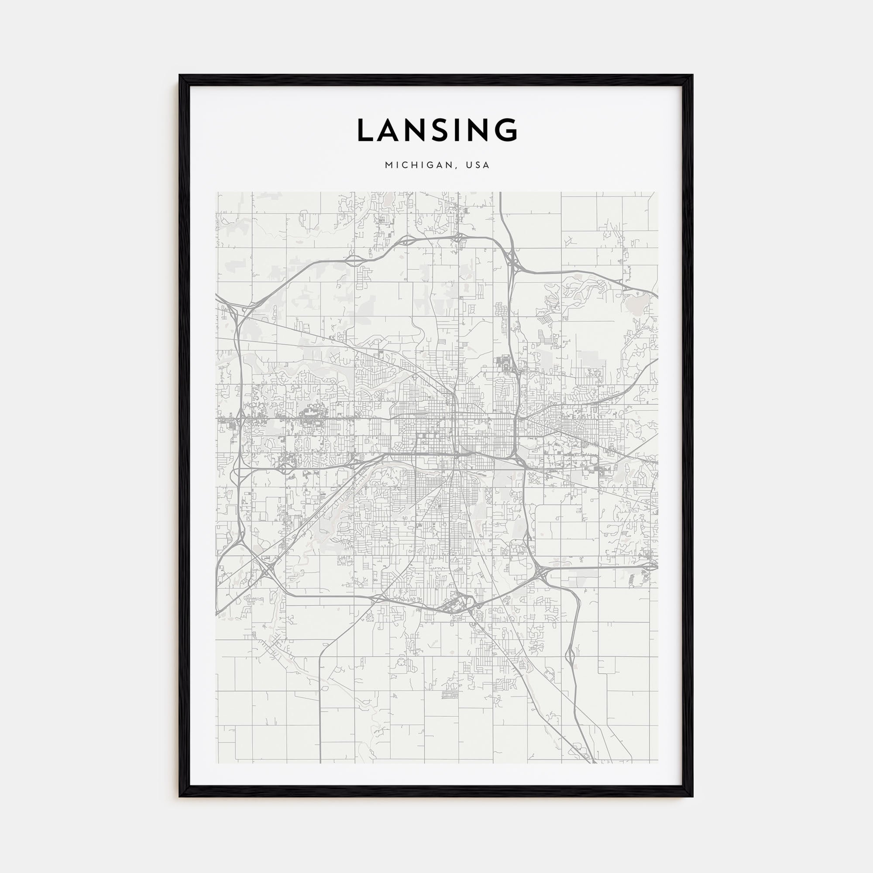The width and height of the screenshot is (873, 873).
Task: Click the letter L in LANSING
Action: click(x=367, y=130)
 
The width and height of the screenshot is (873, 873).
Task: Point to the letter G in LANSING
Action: click(x=505, y=130)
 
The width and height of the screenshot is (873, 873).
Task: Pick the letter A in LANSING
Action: click(x=389, y=130)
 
